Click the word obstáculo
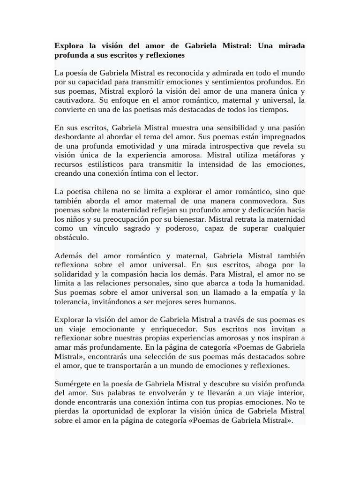(x=71, y=237)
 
